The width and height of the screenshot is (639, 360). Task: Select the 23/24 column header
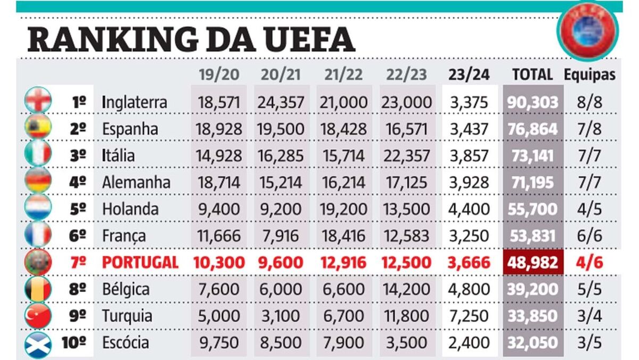[x=469, y=75]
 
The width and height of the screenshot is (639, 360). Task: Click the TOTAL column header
[x=532, y=75]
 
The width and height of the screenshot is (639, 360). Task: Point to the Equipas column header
[x=591, y=75]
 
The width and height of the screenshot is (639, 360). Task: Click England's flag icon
[x=38, y=100]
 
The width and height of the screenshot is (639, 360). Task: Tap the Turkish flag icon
[x=38, y=316]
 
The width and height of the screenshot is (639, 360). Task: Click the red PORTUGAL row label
[x=140, y=263]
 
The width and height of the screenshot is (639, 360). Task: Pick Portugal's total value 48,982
[x=533, y=263]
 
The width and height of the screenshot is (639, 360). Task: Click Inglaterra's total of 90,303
[x=533, y=102]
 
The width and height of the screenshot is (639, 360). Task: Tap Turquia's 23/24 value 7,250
[x=469, y=316]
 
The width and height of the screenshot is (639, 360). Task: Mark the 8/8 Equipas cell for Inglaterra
[x=591, y=102]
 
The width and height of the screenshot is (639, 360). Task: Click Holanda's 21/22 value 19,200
[x=343, y=209]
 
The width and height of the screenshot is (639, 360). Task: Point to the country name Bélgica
[x=126, y=290]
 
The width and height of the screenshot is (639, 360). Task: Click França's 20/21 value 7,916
[x=281, y=235]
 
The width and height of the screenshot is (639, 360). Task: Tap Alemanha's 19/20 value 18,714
[x=219, y=182]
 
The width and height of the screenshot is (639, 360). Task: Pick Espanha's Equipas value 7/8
[x=591, y=129]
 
